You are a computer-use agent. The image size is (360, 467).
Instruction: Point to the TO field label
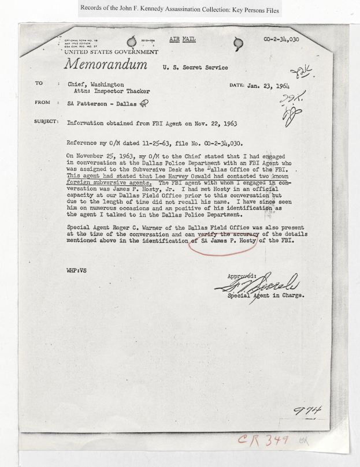[39, 84]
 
